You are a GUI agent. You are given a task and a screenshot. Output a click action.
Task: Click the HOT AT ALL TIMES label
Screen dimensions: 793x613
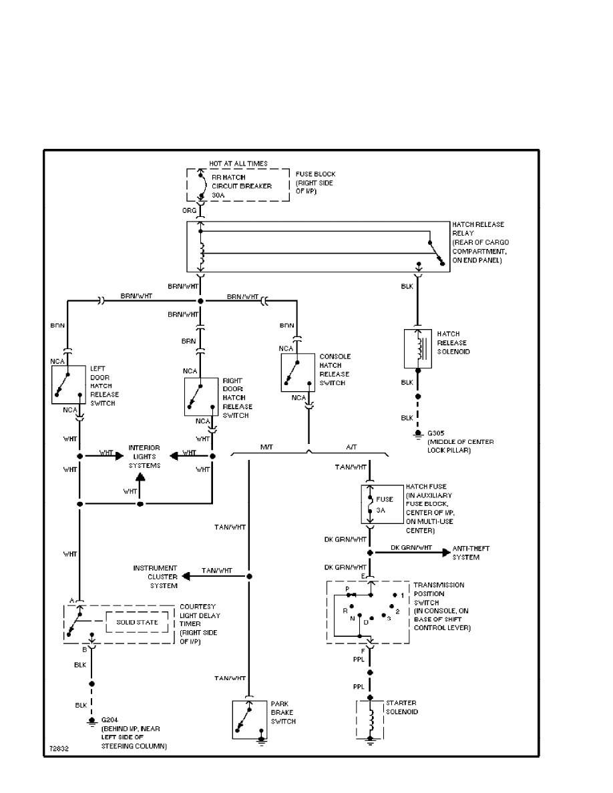click(x=238, y=163)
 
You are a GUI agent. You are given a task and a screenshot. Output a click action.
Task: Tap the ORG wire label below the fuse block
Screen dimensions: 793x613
click(x=190, y=211)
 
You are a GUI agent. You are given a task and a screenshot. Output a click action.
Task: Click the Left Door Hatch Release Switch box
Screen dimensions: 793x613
click(x=69, y=384)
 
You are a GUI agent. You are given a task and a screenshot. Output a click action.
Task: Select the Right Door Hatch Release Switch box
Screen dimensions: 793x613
click(x=202, y=396)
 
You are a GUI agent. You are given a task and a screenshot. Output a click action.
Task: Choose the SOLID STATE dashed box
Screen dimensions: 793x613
click(x=138, y=622)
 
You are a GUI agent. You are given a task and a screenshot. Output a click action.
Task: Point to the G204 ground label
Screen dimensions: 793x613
click(x=108, y=720)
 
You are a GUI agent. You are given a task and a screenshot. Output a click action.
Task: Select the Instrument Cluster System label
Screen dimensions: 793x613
click(x=155, y=577)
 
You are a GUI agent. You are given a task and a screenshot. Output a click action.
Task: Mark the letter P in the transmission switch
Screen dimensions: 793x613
click(x=347, y=588)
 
